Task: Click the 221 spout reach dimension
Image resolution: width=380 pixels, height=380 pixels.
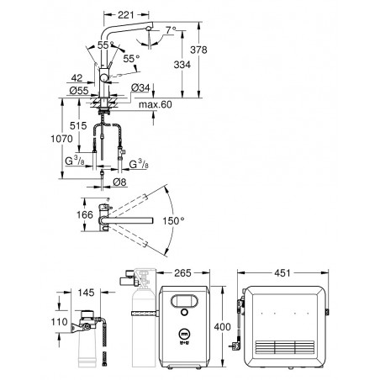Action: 126,15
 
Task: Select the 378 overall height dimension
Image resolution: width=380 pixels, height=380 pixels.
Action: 198,50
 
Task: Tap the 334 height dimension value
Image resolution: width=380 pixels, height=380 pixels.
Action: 182,65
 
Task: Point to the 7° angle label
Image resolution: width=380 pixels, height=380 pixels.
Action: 171,29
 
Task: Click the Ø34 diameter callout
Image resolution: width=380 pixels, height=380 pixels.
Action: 140,87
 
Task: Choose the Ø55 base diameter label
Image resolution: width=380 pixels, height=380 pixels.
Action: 79,91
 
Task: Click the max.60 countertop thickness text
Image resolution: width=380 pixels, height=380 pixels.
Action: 156,104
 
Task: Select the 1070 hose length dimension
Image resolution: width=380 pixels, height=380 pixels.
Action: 61,139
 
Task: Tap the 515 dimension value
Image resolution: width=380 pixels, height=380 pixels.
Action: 78,126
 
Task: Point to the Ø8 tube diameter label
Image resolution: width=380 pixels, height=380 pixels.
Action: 119,182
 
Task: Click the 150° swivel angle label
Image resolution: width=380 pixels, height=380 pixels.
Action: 173,221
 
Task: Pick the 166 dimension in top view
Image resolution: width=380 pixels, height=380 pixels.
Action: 85,215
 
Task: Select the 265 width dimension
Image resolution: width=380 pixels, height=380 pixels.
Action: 182,273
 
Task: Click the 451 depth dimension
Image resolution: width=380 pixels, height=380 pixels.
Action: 282,273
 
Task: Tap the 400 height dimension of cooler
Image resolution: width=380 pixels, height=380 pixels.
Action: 222,327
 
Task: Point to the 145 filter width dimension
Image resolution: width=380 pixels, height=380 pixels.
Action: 86,293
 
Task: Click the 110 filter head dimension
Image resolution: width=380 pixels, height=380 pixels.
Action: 59,322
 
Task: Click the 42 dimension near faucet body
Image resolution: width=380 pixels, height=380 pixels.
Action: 77,78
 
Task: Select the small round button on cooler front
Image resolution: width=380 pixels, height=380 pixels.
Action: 184,312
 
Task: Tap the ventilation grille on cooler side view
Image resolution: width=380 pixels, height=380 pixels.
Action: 285,347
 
